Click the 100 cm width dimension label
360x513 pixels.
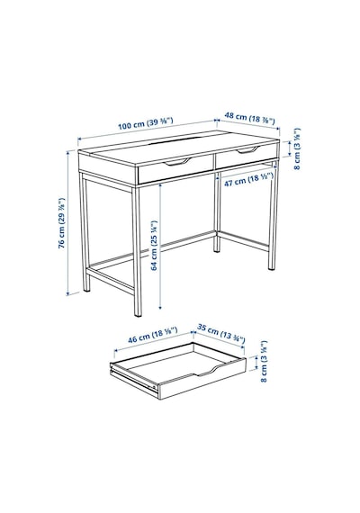(145, 122)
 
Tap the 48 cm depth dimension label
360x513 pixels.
(249, 118)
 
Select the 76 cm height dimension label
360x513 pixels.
(62, 222)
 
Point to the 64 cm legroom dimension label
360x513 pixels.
(155, 246)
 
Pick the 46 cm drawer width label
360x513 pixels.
(152, 335)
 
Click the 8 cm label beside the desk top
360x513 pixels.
(297, 148)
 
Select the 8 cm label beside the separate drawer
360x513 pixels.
(264, 361)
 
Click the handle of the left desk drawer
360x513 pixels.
(177, 162)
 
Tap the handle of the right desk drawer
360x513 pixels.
(247, 150)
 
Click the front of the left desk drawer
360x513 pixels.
(175, 169)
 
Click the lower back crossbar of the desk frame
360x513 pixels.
(152, 249)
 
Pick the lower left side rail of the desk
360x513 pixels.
(111, 279)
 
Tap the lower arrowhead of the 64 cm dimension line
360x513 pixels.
(160, 307)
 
